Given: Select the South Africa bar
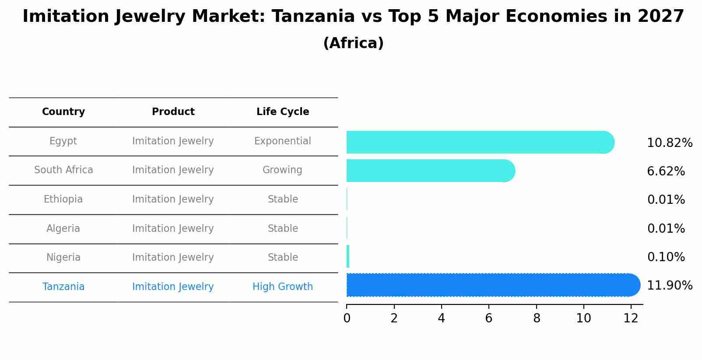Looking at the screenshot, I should click(430, 171).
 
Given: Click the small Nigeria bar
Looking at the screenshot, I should click(348, 256).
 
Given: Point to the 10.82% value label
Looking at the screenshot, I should click(669, 143).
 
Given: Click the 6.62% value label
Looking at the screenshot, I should click(666, 171).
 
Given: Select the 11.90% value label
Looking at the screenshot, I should click(669, 286).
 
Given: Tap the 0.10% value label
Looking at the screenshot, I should click(666, 257).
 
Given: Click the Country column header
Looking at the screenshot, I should click(63, 112).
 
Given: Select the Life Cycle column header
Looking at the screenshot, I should click(283, 112).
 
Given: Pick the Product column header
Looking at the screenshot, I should click(173, 112).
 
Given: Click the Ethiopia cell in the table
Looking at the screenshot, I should click(63, 199).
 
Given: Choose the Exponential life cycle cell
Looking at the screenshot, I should click(282, 141).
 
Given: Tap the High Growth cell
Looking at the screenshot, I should click(282, 287).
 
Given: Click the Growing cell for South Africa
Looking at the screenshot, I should click(282, 170).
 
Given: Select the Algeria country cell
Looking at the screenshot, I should click(63, 229).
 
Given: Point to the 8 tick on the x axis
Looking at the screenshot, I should click(537, 318).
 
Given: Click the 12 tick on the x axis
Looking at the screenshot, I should click(631, 318).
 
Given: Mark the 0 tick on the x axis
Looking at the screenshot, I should click(347, 318).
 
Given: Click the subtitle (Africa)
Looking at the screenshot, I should click(353, 43).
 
